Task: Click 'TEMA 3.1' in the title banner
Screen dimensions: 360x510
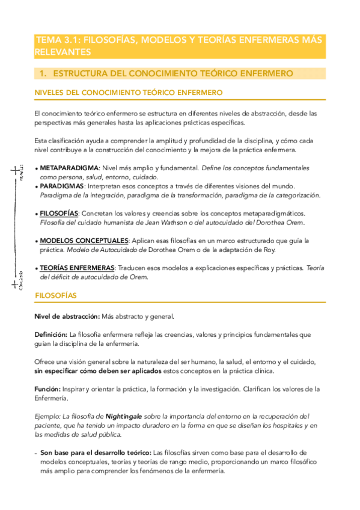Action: [x=57, y=40]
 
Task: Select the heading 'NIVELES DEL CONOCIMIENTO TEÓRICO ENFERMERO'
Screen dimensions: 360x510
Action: [x=129, y=93]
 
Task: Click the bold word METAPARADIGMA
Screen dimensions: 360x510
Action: [x=67, y=168]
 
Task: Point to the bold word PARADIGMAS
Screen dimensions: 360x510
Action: [x=61, y=186]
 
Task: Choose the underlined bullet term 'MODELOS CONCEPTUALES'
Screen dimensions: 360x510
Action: [x=84, y=241]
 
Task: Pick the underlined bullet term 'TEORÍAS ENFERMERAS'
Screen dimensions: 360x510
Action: [x=77, y=268]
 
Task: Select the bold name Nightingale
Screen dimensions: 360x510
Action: [x=128, y=416]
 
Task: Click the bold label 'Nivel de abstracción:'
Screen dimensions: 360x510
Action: [x=67, y=316]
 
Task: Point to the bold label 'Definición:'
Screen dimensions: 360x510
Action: [x=50, y=334]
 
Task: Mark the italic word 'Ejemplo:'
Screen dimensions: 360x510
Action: [x=48, y=416]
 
